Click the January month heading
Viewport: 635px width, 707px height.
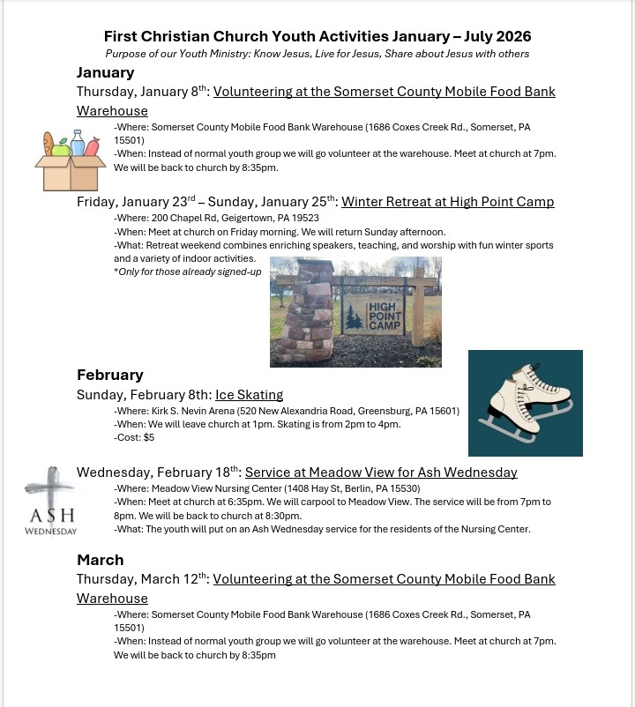pos(106,72)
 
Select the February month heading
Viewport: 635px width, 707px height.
pos(109,375)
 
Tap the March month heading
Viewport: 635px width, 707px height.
pos(100,560)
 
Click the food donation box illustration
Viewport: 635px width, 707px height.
pos(70,160)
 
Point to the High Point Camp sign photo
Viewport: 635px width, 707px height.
pos(355,311)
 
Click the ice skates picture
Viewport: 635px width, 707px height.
pos(525,403)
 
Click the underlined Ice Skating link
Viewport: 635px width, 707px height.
pos(250,395)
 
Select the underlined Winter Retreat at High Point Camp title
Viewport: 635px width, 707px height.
pos(447,202)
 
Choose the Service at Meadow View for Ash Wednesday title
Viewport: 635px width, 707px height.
pos(381,473)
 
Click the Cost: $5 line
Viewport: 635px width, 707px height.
pos(134,437)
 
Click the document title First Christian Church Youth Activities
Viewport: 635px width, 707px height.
pos(317,36)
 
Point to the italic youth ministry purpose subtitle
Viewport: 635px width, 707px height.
pos(317,54)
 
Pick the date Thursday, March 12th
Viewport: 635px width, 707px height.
pos(141,580)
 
